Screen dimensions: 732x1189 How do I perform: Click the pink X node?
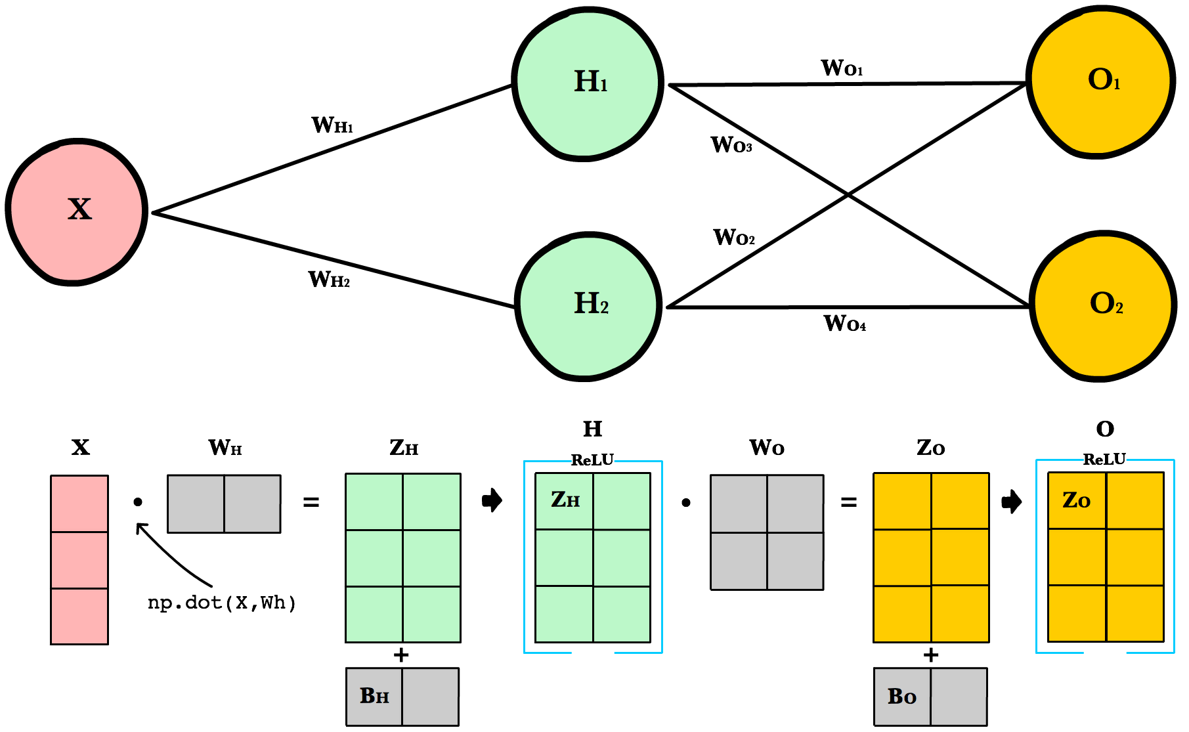[77, 211]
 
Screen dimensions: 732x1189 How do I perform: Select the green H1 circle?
[588, 83]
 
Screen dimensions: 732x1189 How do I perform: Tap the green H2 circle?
[588, 307]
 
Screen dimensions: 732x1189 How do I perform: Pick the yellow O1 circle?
[1100, 82]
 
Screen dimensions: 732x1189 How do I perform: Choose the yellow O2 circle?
[1103, 306]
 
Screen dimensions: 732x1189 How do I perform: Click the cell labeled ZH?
[565, 501]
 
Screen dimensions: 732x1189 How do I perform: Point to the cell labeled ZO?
[1077, 501]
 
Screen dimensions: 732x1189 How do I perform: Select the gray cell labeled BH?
[374, 697]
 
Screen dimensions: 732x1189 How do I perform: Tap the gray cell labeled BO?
[902, 697]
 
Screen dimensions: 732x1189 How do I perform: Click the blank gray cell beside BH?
[430, 697]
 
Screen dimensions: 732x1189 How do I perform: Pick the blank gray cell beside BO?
[959, 697]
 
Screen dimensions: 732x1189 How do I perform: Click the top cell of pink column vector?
[79, 504]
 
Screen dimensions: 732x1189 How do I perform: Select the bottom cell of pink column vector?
[79, 616]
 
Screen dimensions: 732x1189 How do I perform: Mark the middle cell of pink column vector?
[79, 560]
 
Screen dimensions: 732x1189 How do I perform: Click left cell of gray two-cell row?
[196, 504]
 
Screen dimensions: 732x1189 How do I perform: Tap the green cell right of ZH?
[622, 501]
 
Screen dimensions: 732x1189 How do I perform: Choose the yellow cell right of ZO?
[1135, 501]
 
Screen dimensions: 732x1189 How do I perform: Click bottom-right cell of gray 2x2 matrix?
[795, 561]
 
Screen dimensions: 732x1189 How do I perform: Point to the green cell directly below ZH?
[565, 557]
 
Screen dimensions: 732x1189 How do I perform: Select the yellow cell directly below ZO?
[1077, 557]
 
